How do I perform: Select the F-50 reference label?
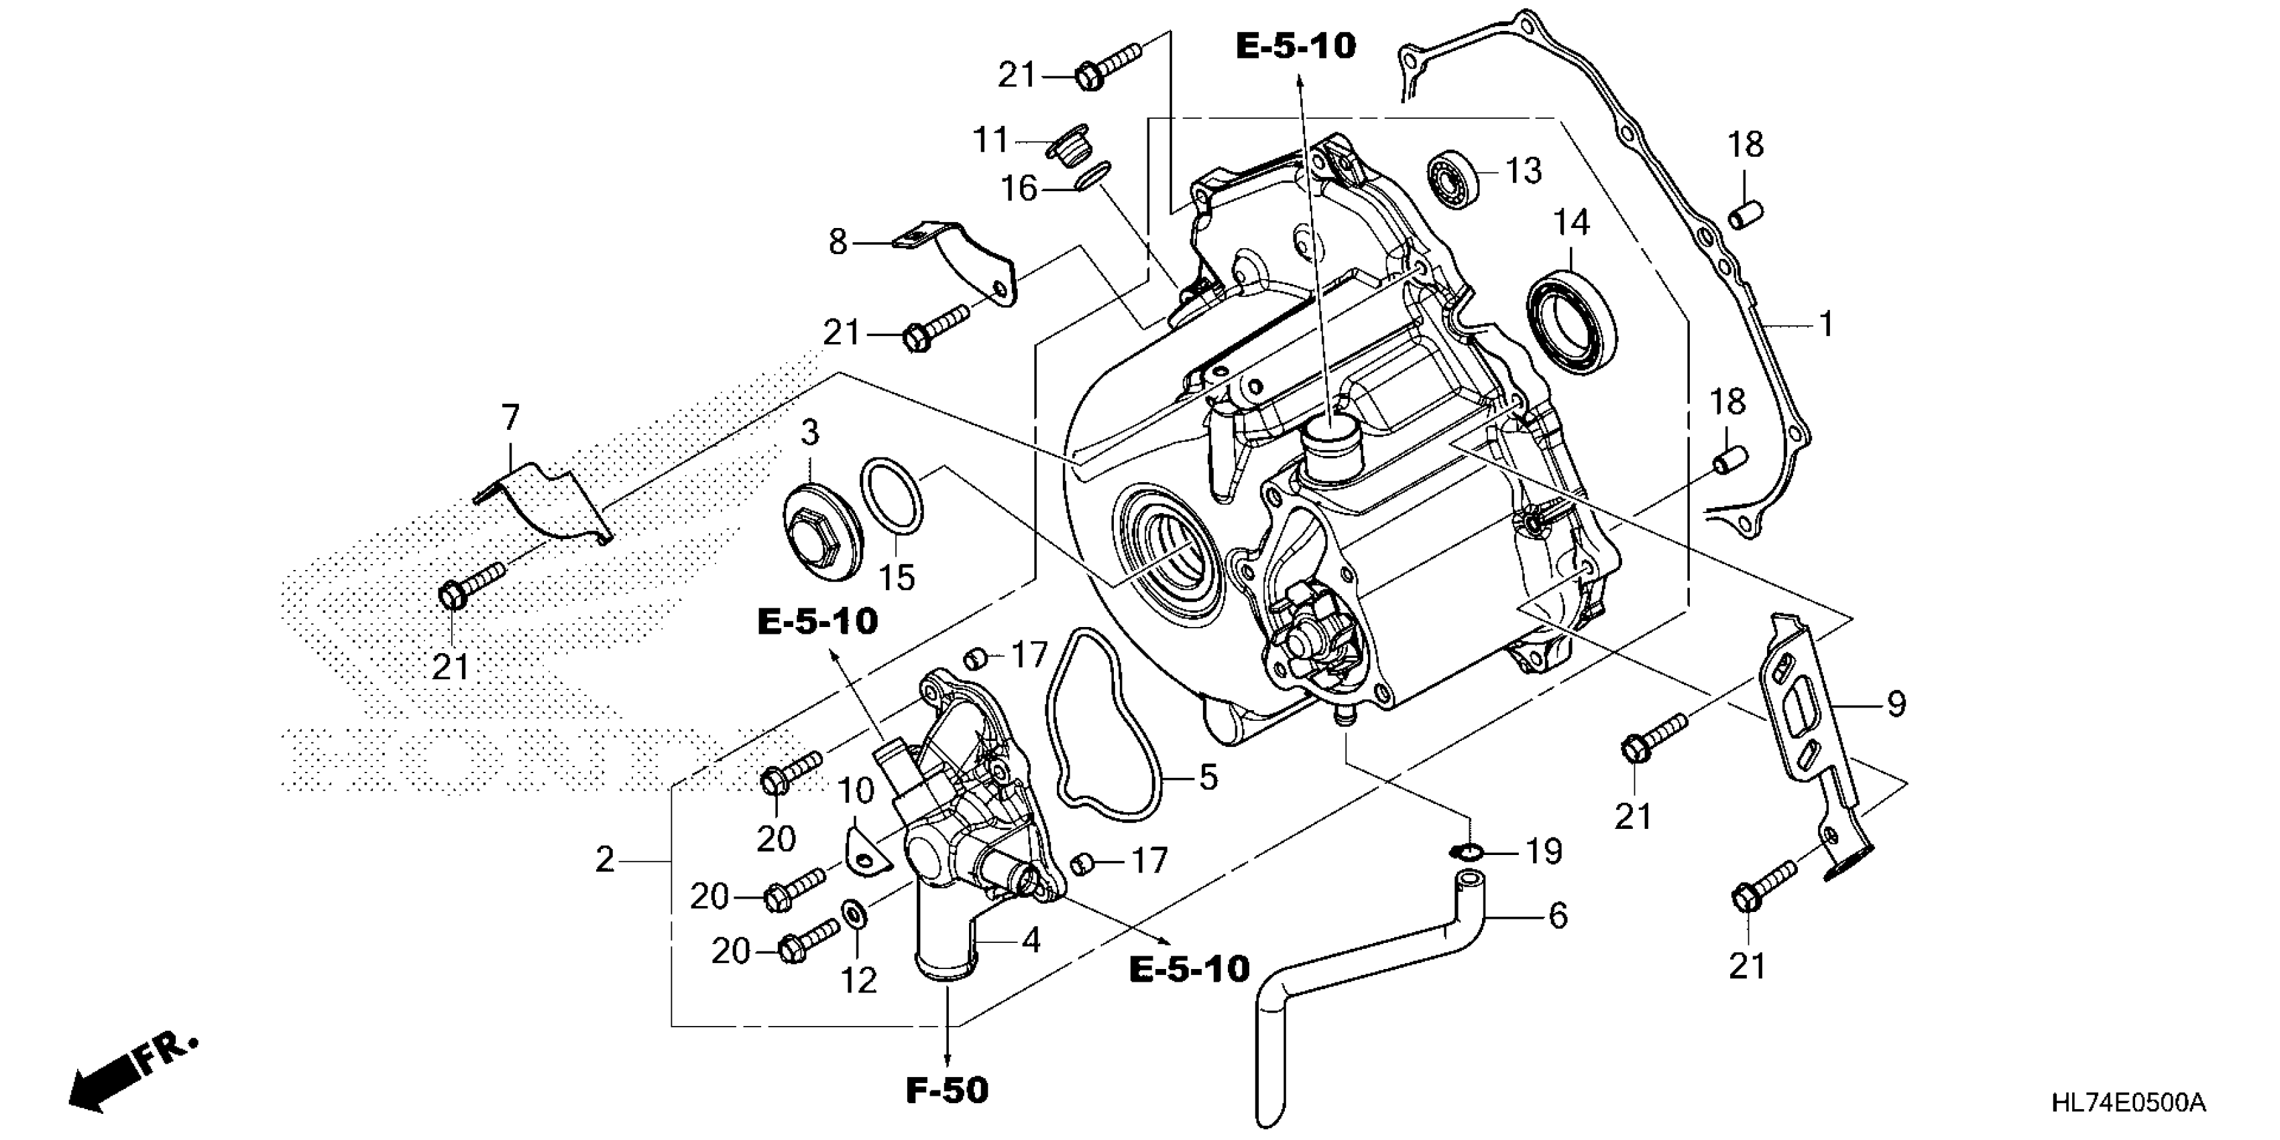pyautogui.click(x=946, y=1090)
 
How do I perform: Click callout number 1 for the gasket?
pyautogui.click(x=1825, y=325)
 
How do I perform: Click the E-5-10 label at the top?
pyautogui.click(x=1295, y=46)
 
